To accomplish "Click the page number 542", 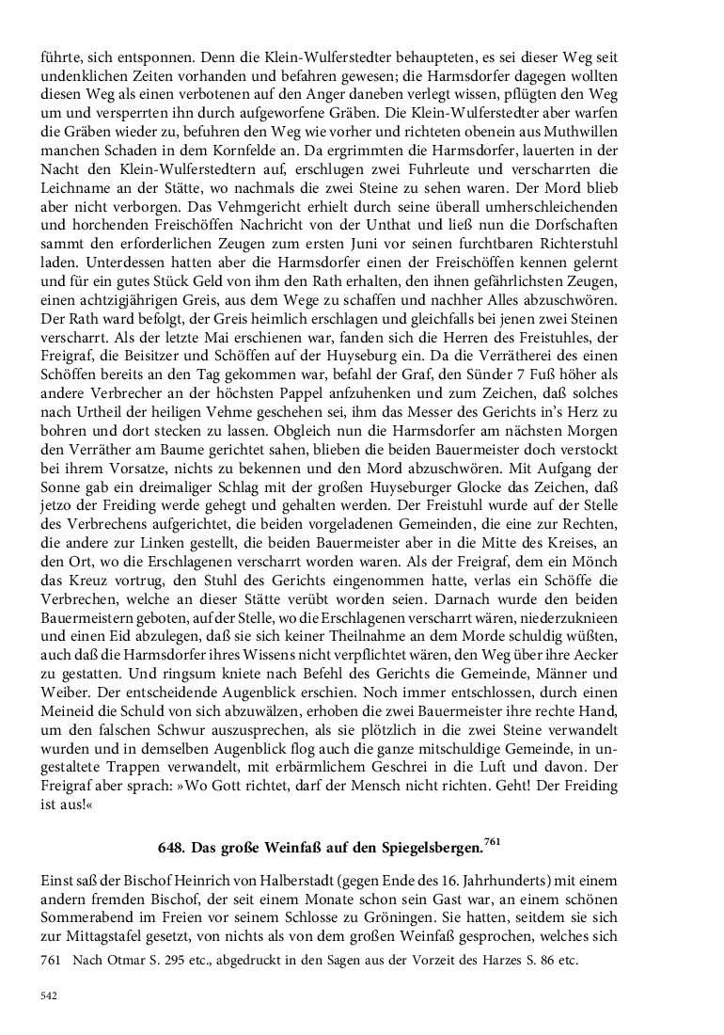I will click(x=50, y=995).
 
